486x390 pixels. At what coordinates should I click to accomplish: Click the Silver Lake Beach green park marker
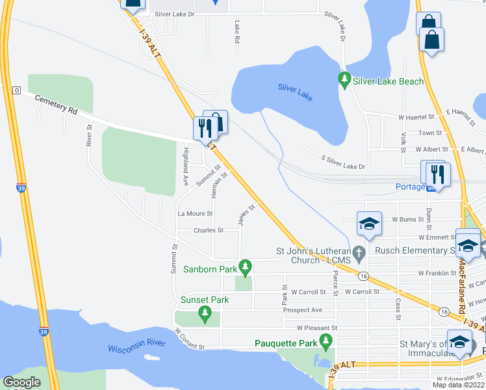344,81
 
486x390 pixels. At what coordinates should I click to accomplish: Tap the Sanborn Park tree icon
245,267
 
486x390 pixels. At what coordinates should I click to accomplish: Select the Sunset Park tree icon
205,315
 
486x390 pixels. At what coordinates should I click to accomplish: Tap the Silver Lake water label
296,92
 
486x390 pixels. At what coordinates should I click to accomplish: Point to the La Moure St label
195,213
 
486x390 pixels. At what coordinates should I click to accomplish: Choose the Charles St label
208,230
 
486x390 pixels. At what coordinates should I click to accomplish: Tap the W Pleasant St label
318,328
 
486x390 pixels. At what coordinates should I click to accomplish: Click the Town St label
430,133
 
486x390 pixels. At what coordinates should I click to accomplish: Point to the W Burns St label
409,220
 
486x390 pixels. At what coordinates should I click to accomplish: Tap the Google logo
21,382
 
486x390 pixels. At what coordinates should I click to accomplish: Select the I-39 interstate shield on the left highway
21,188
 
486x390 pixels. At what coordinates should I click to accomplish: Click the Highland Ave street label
186,166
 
